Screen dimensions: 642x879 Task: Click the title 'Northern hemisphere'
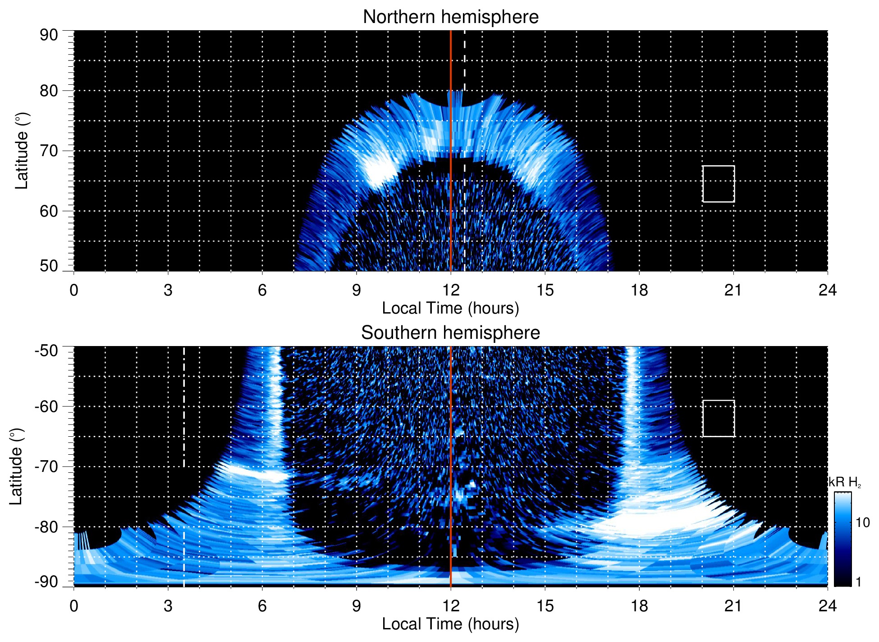[x=450, y=17]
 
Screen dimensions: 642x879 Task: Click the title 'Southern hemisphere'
[x=450, y=333]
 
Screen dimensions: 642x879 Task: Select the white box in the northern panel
[x=718, y=184]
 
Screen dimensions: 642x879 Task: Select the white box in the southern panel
[x=718, y=418]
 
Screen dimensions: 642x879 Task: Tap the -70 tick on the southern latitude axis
[x=46, y=466]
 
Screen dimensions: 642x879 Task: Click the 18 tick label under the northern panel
[x=639, y=290]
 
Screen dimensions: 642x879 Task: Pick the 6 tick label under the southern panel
[x=262, y=606]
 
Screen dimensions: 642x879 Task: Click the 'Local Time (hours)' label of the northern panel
[x=450, y=308]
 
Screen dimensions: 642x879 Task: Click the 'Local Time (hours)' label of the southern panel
[x=450, y=624]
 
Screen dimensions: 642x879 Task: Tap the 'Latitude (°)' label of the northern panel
[x=22, y=151]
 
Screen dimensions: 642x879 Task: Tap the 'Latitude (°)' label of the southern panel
[x=16, y=466]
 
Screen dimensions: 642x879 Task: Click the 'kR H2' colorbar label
[x=844, y=482]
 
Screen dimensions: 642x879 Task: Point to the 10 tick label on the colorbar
[x=862, y=522]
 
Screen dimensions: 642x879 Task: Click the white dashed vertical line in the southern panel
[x=184, y=406]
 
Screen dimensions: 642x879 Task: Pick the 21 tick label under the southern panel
[x=733, y=606]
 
